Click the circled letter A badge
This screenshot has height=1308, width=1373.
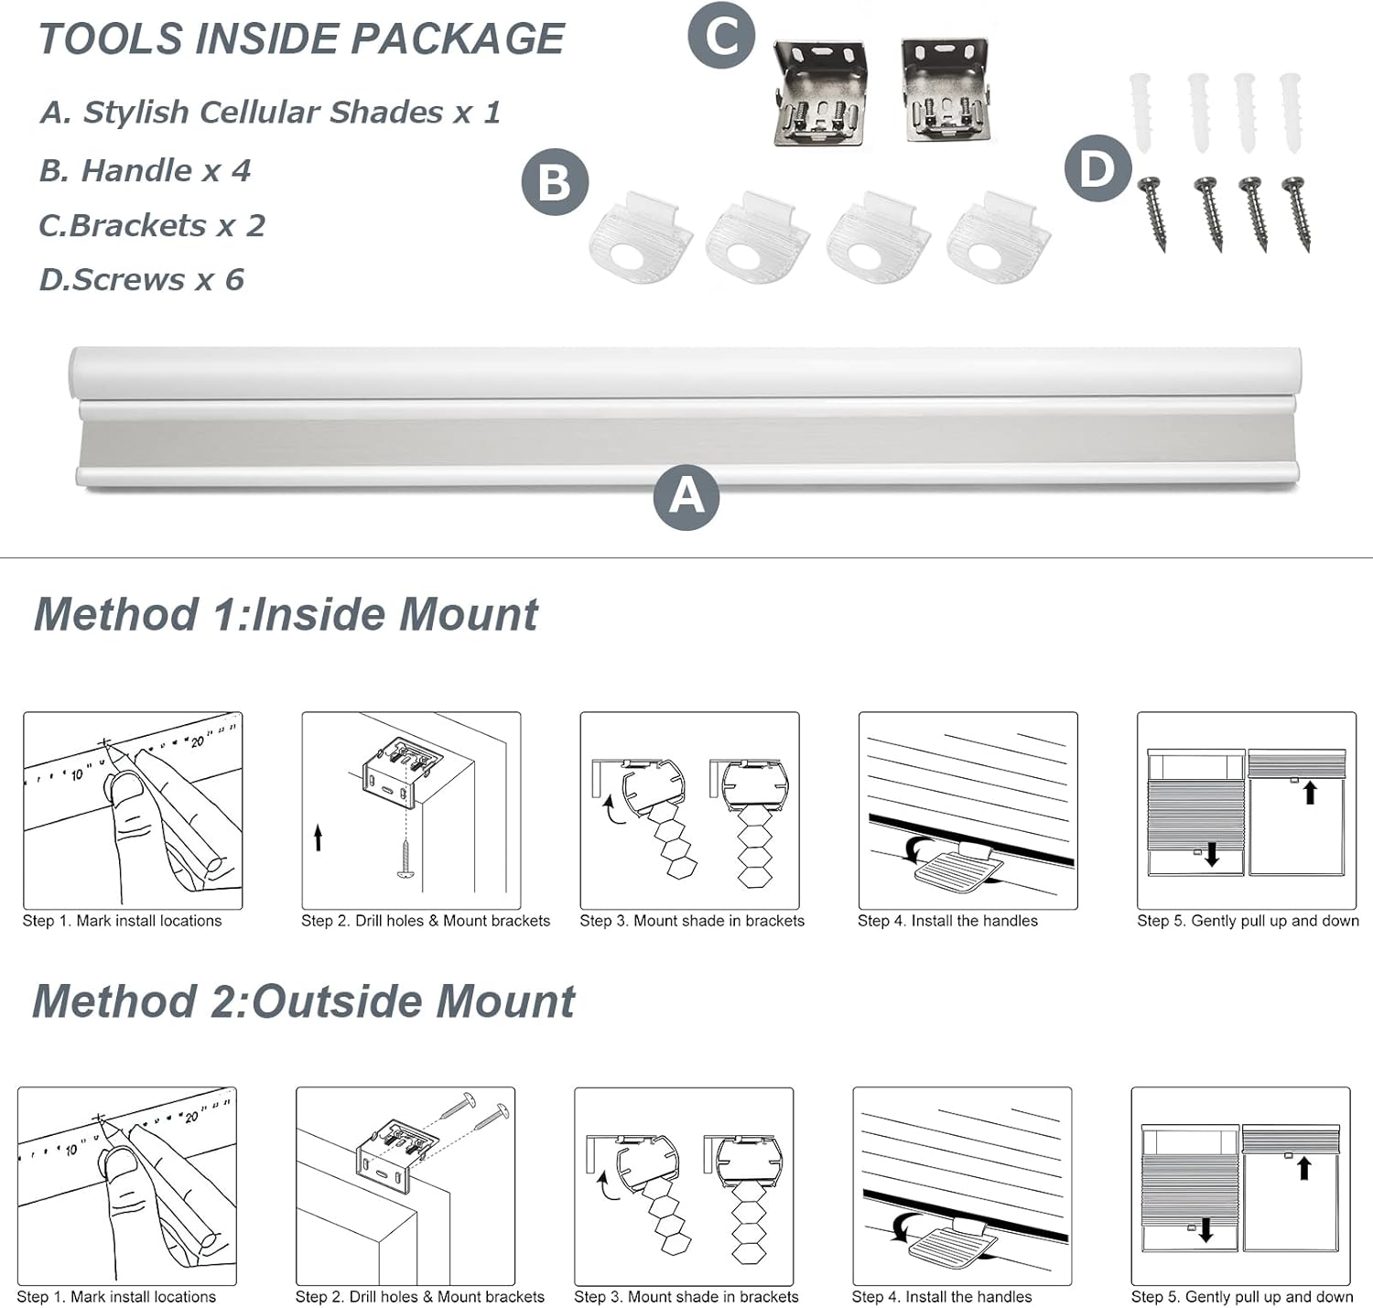coord(686,497)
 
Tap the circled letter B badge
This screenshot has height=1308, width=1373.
coord(554,181)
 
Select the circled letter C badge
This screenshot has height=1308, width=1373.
coord(721,37)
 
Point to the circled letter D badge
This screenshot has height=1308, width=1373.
coord(1097,168)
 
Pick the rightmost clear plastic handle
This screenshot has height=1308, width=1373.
coord(999,240)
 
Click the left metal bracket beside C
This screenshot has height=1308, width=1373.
coord(820,92)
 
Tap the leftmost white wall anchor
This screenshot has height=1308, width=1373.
coord(1141,114)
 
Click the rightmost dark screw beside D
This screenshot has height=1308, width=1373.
coord(1297,213)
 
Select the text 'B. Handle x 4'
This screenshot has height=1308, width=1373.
coord(145,170)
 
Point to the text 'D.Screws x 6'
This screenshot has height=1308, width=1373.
coord(142,279)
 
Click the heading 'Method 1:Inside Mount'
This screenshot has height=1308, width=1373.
coord(286,614)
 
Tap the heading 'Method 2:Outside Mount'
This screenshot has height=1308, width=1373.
coord(303,1001)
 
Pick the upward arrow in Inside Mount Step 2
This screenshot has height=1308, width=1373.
coord(318,837)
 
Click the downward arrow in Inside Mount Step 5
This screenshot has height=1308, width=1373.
coord(1212,855)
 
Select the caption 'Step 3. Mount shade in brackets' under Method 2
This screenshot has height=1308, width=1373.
coord(686,1296)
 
